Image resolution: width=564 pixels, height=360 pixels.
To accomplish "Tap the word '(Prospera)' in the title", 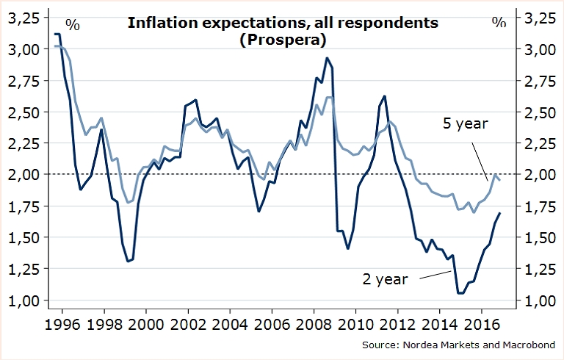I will (x=283, y=40).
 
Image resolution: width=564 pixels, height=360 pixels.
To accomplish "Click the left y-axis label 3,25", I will (x=24, y=18).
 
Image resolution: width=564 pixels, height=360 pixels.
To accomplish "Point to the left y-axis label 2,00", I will (x=24, y=175).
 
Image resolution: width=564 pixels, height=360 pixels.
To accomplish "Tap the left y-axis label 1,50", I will (x=24, y=237).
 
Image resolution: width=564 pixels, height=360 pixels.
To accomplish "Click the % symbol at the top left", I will (x=73, y=23).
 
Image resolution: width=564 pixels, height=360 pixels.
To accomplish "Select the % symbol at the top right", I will (x=499, y=23).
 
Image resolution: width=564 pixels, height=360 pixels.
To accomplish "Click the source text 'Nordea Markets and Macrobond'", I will (x=485, y=345).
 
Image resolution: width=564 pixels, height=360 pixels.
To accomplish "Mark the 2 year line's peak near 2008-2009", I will (x=327, y=58).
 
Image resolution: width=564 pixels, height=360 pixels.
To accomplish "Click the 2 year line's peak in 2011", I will (x=384, y=96).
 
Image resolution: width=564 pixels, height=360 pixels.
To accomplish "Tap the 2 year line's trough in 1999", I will (x=128, y=261).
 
